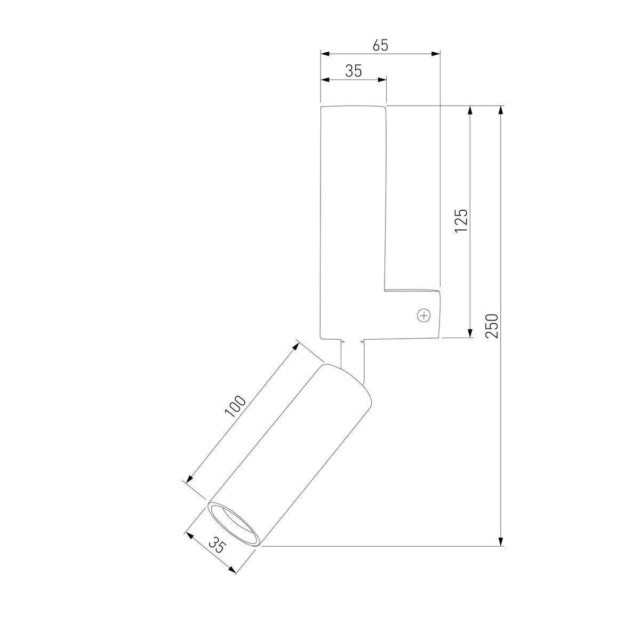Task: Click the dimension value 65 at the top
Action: pos(380,45)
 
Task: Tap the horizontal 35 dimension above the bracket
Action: pos(353,71)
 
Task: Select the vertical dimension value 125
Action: pos(461,221)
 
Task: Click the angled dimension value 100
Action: pos(236,406)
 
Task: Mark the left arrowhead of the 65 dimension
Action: pos(325,54)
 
